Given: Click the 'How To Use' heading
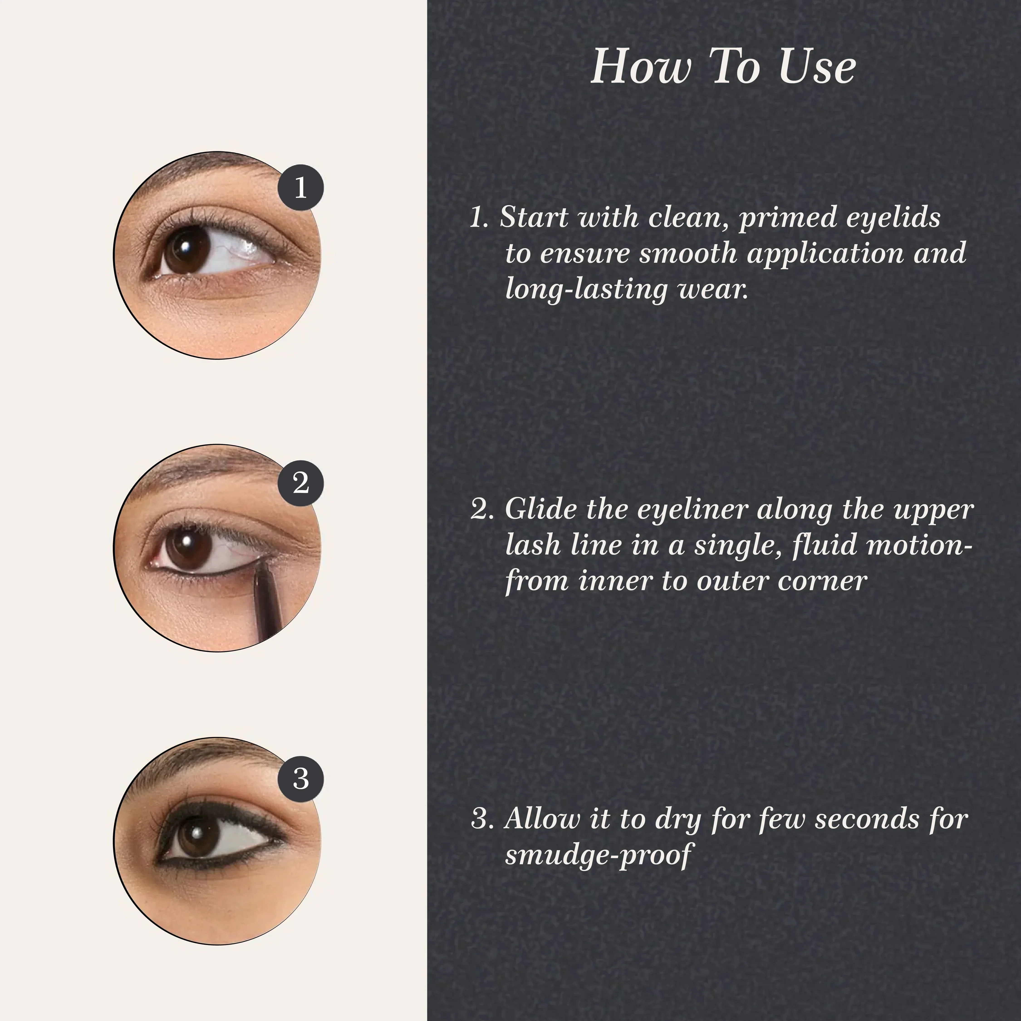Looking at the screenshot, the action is pyautogui.click(x=723, y=66).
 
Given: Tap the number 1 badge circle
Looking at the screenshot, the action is pyautogui.click(x=301, y=188).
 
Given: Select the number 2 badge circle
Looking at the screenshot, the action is pyautogui.click(x=301, y=483).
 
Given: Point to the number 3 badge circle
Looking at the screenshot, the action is pyautogui.click(x=301, y=778).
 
